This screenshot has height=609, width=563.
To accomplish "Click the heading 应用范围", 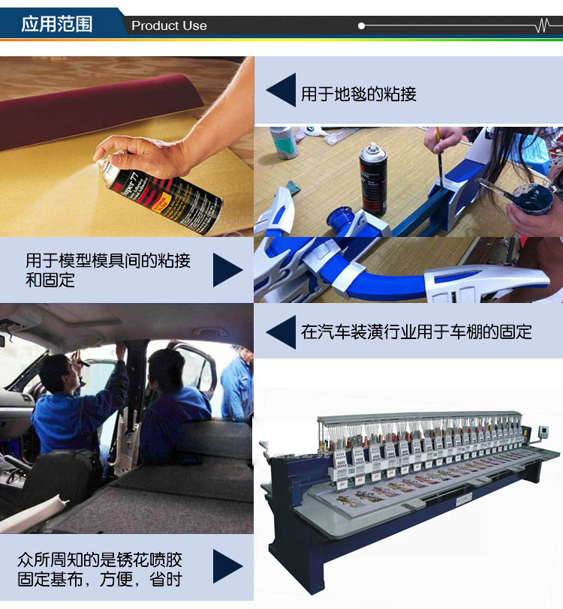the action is pyautogui.click(x=57, y=24).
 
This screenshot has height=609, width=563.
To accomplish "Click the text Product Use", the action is pyautogui.click(x=169, y=25).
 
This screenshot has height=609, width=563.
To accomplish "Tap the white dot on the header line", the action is pyautogui.click(x=361, y=26).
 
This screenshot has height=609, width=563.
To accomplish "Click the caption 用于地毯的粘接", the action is pyautogui.click(x=359, y=94).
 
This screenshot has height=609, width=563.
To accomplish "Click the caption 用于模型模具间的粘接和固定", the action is pyautogui.click(x=107, y=270).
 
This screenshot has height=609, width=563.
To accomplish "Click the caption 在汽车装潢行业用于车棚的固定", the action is pyautogui.click(x=417, y=332).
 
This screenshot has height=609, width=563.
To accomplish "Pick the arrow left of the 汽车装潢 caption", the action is pyautogui.click(x=281, y=332).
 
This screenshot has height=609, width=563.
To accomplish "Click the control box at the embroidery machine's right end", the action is pyautogui.click(x=543, y=432).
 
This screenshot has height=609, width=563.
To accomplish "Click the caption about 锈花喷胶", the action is pyautogui.click(x=100, y=569).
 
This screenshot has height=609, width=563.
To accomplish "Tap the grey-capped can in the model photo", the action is pyautogui.click(x=284, y=142).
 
